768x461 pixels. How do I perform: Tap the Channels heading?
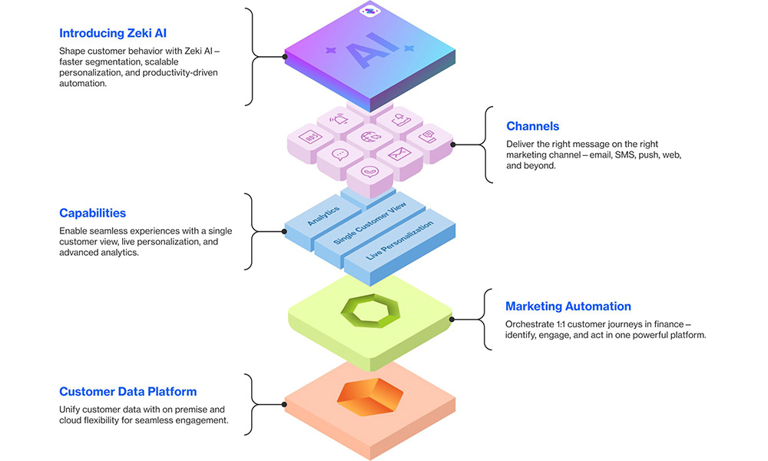(532, 126)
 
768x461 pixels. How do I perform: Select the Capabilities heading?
(92, 213)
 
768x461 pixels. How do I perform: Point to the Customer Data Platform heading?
(127, 391)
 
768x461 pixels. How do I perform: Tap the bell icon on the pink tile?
(340, 119)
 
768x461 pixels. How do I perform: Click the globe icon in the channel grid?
(369, 138)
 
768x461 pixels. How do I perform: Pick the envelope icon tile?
(399, 154)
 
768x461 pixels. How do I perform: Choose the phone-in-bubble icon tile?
(369, 172)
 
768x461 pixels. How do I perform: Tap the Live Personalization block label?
(399, 239)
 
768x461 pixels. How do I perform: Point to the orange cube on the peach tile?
(369, 396)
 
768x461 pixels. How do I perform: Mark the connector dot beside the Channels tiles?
(452, 144)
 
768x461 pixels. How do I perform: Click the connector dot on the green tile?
(452, 318)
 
